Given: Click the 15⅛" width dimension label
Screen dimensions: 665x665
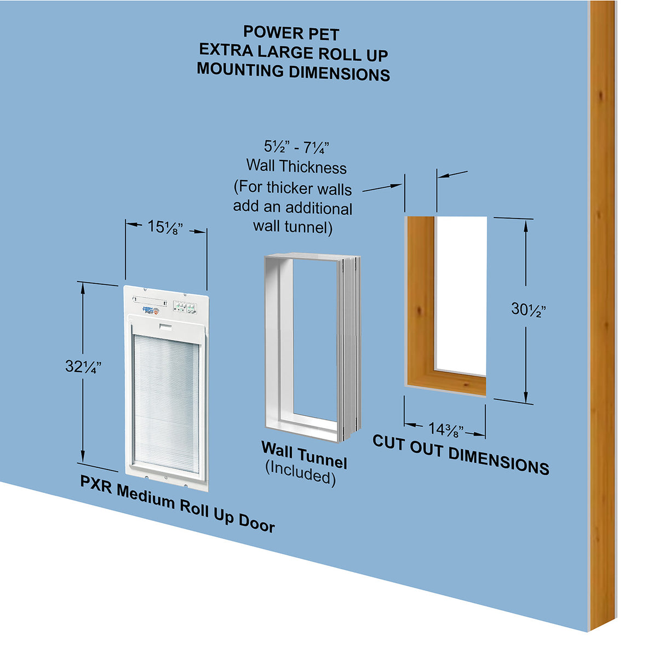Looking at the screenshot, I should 165,226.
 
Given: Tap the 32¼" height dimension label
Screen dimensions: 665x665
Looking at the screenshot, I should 83,366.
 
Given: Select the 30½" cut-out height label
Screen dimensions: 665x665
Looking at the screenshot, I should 528,309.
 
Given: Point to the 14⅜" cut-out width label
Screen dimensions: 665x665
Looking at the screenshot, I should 445,430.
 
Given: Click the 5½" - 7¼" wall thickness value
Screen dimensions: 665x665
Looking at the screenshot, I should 296,147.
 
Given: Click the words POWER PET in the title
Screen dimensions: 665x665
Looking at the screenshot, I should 291,33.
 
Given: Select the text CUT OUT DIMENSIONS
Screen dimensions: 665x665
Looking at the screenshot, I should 461,455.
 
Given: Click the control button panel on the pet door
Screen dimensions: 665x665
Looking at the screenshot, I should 185,307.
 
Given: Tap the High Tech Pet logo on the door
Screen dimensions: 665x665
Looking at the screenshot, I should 151,310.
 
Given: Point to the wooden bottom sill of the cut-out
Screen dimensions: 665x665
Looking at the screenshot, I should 446,381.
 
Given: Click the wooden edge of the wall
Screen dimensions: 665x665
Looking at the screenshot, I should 601,329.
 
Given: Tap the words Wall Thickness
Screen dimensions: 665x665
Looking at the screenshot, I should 296,167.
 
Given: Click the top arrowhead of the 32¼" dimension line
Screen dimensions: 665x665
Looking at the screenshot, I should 83,288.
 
